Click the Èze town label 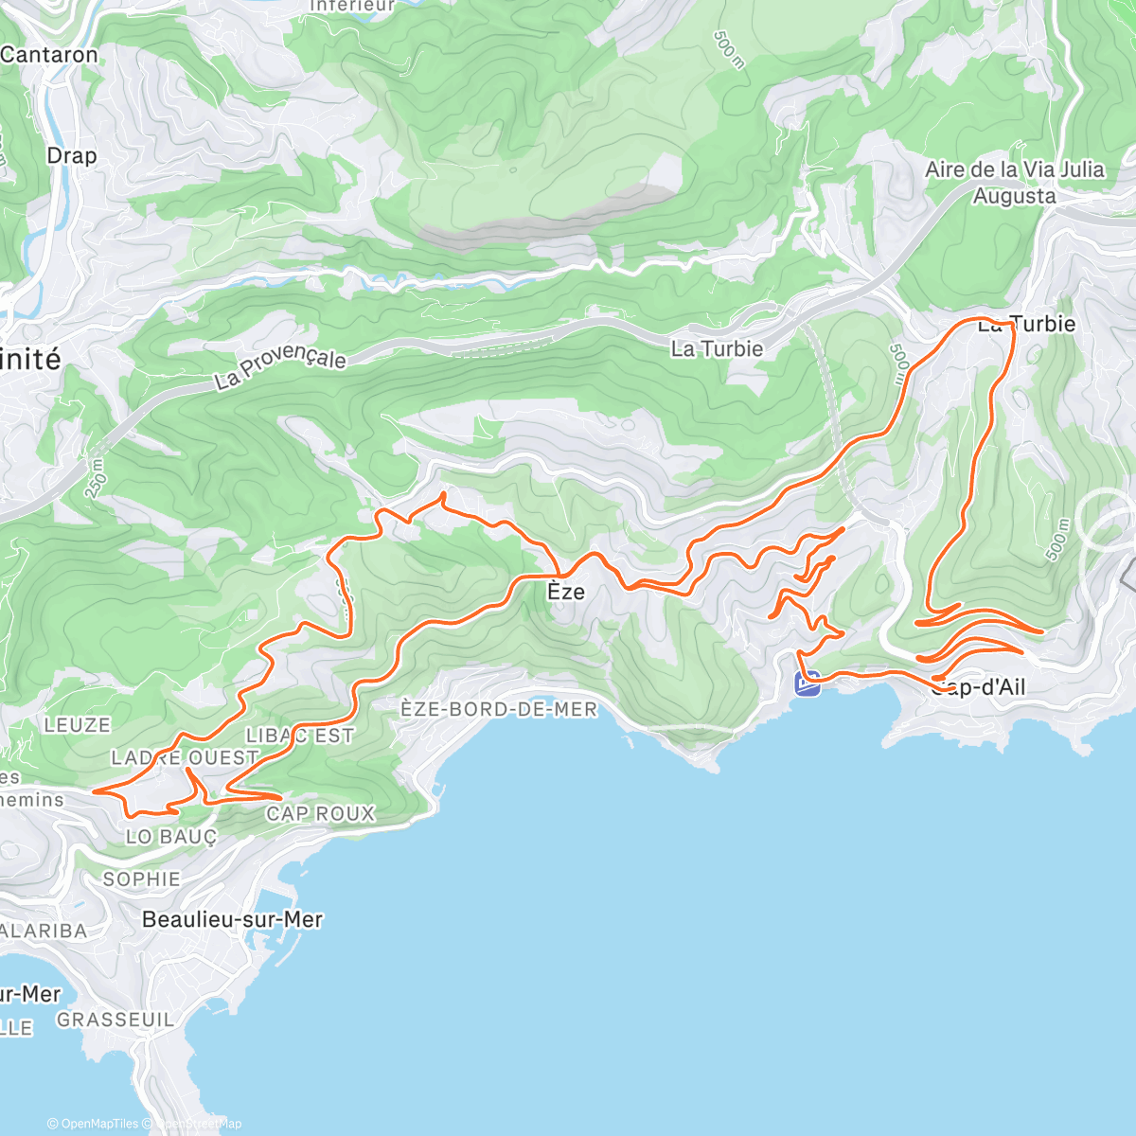(x=566, y=592)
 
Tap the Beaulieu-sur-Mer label (x=232, y=919)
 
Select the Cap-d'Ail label (x=978, y=687)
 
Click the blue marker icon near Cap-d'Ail (x=808, y=683)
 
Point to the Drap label (x=72, y=155)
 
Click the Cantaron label (x=49, y=55)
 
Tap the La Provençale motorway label (x=280, y=367)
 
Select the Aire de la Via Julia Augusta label (x=1015, y=183)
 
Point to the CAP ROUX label (x=320, y=813)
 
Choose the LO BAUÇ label (x=171, y=837)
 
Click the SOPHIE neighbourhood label (x=142, y=879)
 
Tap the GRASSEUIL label (x=115, y=1020)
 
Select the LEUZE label (x=78, y=725)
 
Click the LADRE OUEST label (x=185, y=757)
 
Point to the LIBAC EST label (x=299, y=736)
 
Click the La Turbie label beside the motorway (x=717, y=349)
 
